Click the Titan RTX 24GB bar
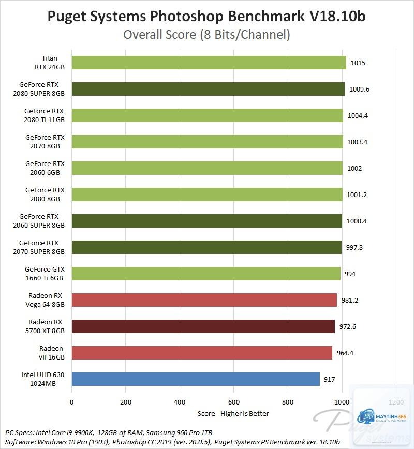(x=209, y=63)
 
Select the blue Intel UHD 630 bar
(x=196, y=379)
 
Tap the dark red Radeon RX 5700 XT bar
(x=203, y=326)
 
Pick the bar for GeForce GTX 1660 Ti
(x=206, y=274)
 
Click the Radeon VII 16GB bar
(x=202, y=353)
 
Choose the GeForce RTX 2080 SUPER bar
(x=208, y=89)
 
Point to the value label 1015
(x=358, y=63)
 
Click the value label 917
(x=330, y=379)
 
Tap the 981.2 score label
(x=349, y=301)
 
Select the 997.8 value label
(x=354, y=248)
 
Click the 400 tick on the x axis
(x=180, y=402)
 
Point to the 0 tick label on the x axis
(x=71, y=402)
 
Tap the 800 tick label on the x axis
(x=288, y=402)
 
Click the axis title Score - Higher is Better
(x=233, y=413)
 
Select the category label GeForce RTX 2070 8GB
(x=45, y=142)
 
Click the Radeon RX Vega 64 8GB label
(x=45, y=300)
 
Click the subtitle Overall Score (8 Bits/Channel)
(x=206, y=35)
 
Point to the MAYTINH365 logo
(x=381, y=416)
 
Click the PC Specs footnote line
(x=109, y=432)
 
